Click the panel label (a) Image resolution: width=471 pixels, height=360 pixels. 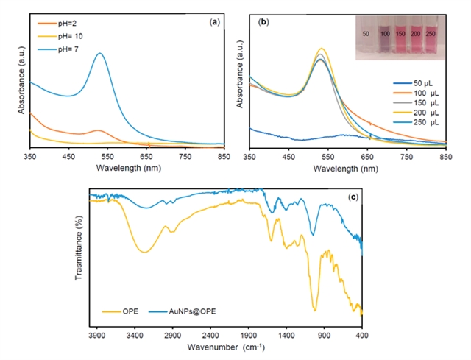tap(214, 22)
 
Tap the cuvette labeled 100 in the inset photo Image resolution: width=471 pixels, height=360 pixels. tap(383, 35)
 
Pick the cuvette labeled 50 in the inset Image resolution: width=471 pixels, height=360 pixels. tap(366, 35)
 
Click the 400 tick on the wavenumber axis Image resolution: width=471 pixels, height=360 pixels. tap(362, 335)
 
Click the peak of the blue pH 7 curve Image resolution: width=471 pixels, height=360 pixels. tap(99, 53)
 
